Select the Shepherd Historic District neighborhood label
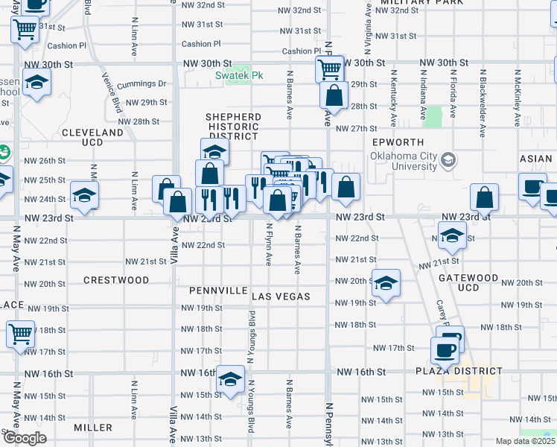pyautogui.click(x=233, y=127)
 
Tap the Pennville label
pyautogui.click(x=217, y=290)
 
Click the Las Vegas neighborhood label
pyautogui.click(x=281, y=297)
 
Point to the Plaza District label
pyautogui.click(x=459, y=370)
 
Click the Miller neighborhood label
pyautogui.click(x=93, y=428)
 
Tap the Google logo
pyautogui.click(x=24, y=439)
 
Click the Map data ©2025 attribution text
pyautogui.click(x=525, y=441)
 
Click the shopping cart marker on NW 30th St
pyautogui.click(x=329, y=69)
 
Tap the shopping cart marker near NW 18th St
pyautogui.click(x=21, y=334)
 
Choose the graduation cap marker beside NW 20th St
pyautogui.click(x=386, y=282)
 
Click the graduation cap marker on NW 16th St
pyautogui.click(x=231, y=379)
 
